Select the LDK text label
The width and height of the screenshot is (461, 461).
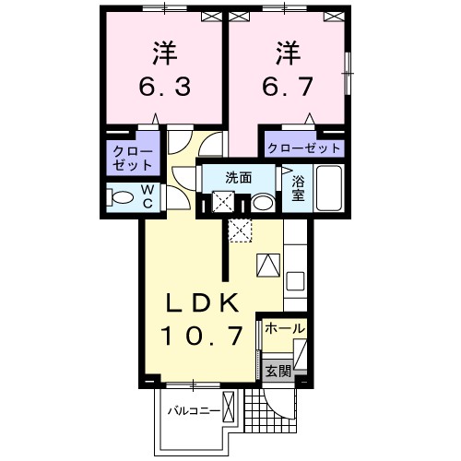204,303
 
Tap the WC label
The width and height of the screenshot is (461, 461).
146,197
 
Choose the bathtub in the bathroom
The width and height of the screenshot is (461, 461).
328,189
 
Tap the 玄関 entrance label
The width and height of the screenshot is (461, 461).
278,372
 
